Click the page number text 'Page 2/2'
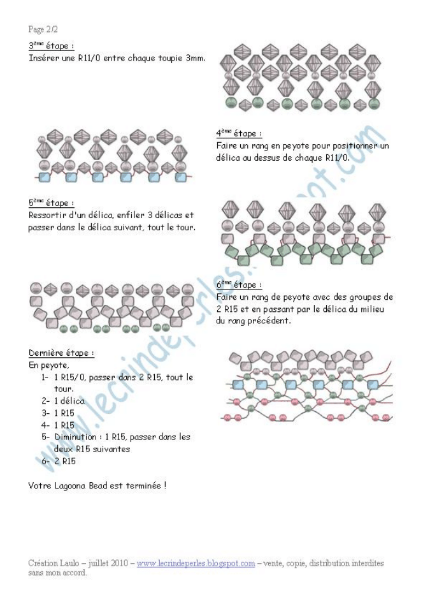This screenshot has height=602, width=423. (43, 29)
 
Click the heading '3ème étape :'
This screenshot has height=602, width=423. (52, 45)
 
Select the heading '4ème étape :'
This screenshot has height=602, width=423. (239, 133)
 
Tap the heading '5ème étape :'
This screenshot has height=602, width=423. (52, 202)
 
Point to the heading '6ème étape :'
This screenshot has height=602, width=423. (240, 284)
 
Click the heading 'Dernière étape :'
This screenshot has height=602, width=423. (61, 353)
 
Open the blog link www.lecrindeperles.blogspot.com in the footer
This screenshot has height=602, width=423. (196, 563)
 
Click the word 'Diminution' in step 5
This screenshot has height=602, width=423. (76, 437)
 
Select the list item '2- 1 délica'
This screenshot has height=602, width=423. (63, 401)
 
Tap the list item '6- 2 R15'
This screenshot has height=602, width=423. (59, 460)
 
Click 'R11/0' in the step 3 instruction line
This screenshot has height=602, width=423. (90, 58)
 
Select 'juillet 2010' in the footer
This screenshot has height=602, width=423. (108, 563)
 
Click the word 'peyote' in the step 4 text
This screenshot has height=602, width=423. (296, 146)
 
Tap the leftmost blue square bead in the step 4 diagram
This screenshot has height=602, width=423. (45, 177)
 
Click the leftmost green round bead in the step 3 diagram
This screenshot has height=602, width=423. (231, 102)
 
